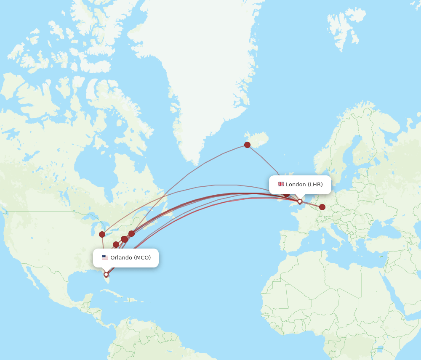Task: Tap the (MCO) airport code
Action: [x=142, y=258]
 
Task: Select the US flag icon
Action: [x=105, y=257]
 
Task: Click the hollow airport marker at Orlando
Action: [x=106, y=275]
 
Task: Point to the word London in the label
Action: [x=296, y=185]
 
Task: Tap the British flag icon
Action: [x=281, y=184]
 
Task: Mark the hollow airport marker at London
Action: [x=300, y=201]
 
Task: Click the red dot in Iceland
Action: [x=247, y=145]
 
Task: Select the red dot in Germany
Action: [x=322, y=207]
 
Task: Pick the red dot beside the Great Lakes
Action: [x=102, y=234]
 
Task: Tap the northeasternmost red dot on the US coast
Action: [x=131, y=233]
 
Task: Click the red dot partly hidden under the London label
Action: [x=286, y=194]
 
